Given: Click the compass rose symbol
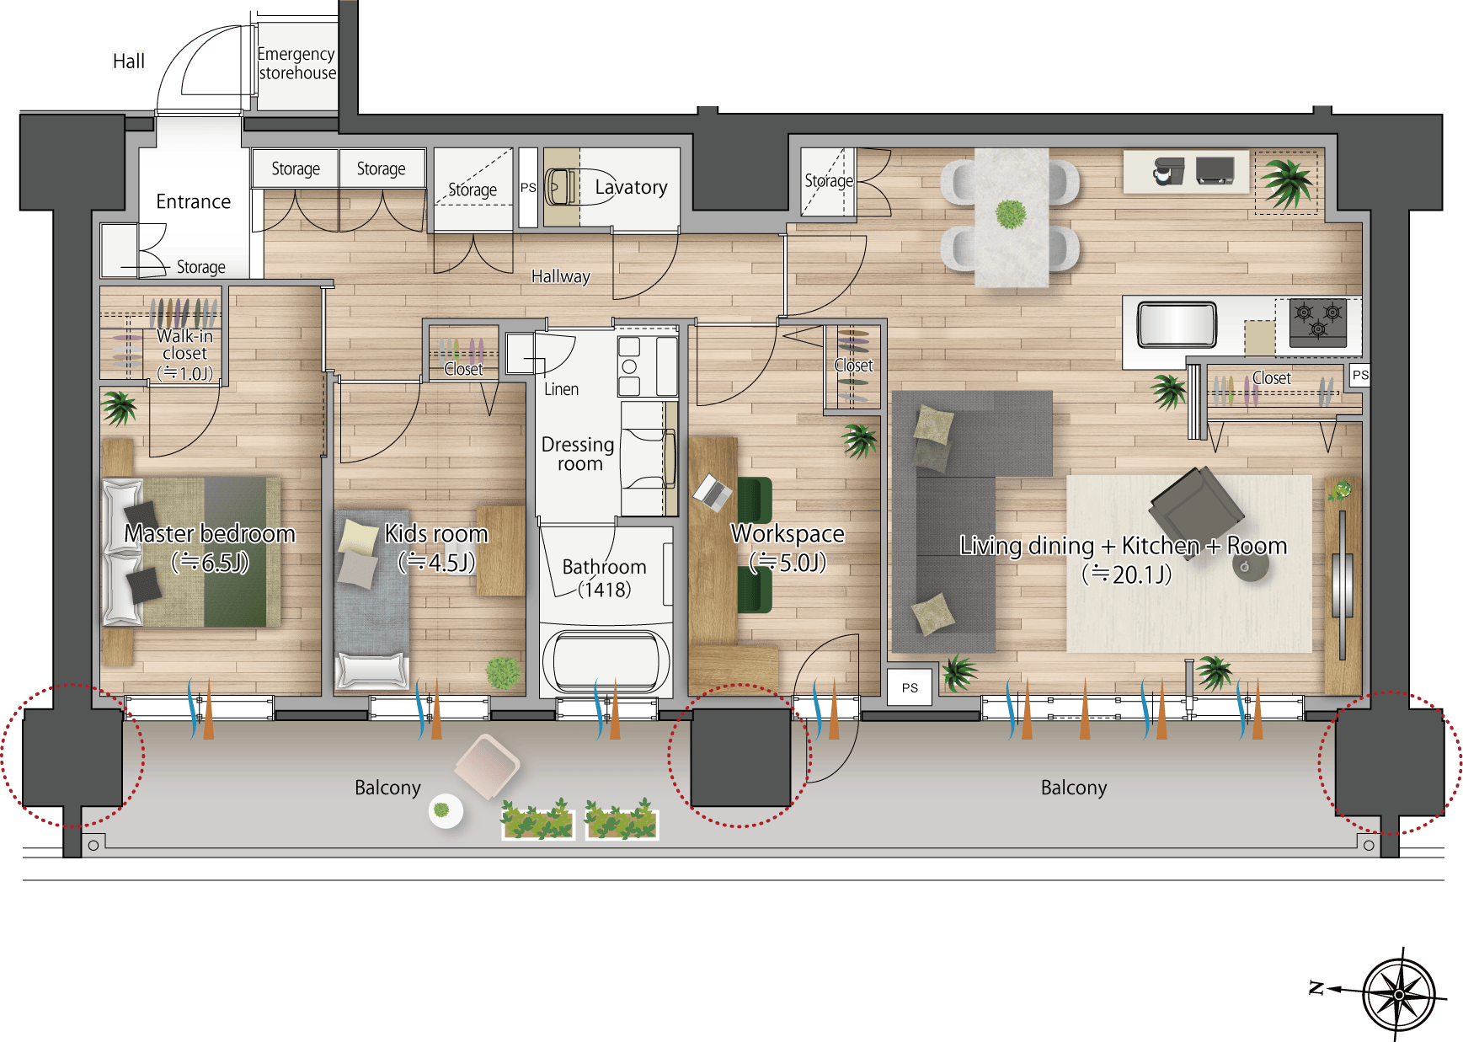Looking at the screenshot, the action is point(1398,994).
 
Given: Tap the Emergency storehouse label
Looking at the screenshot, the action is point(296,63).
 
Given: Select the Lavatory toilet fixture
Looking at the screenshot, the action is point(561,187).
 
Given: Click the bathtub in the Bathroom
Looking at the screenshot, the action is point(606,660).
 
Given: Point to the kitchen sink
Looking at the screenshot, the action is point(1177,324).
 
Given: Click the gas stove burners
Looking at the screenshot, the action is point(1318,320).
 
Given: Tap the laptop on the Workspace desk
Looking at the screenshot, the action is point(713,493).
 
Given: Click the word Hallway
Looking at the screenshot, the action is point(561,276).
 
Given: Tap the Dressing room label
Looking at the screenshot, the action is point(578,453).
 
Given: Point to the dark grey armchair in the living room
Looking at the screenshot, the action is point(1196,508).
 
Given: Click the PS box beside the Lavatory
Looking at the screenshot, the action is point(528,188).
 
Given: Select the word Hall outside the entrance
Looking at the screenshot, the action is point(129,61).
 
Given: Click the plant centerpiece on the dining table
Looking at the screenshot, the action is point(1011,214).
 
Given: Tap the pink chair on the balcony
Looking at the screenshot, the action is point(487,766).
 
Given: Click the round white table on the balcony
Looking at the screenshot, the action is point(444,811).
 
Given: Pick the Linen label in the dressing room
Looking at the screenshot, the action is point(561,389).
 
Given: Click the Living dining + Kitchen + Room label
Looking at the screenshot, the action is point(1124,559).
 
